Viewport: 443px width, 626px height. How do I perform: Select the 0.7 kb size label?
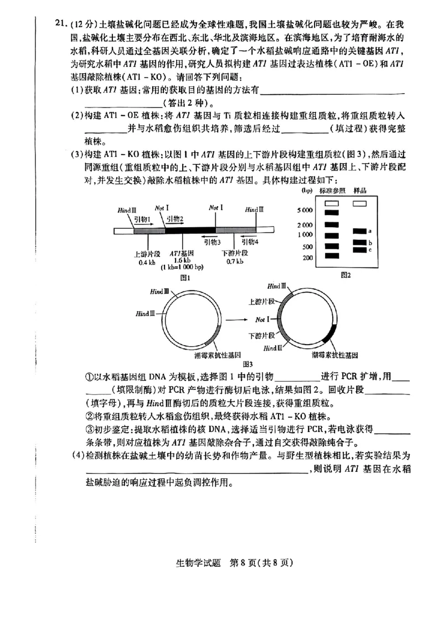(233, 262)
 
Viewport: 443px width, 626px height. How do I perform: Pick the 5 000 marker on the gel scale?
(305, 210)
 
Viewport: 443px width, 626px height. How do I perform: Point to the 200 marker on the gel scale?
(308, 257)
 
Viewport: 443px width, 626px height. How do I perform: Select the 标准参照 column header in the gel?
(332, 191)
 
